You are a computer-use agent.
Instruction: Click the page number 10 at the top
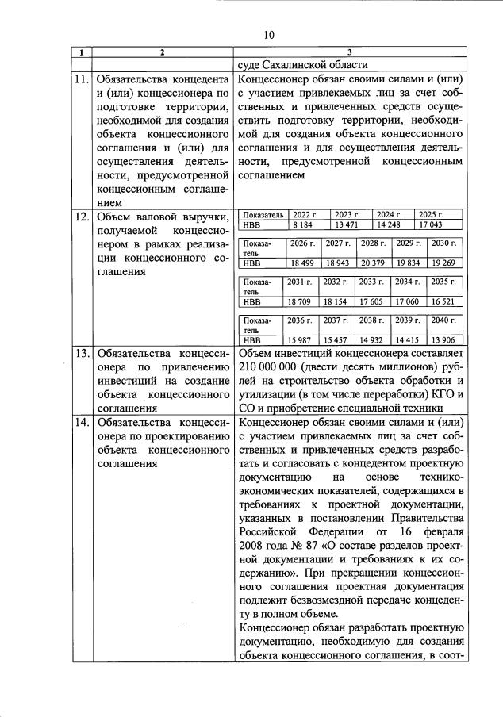[268, 34]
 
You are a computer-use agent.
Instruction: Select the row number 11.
[81, 80]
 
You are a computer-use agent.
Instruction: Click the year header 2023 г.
[347, 215]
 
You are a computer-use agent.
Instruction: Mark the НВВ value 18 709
[302, 301]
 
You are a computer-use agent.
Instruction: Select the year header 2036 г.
[302, 320]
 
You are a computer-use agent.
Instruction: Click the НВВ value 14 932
[373, 339]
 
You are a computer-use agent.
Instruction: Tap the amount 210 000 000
[273, 369]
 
